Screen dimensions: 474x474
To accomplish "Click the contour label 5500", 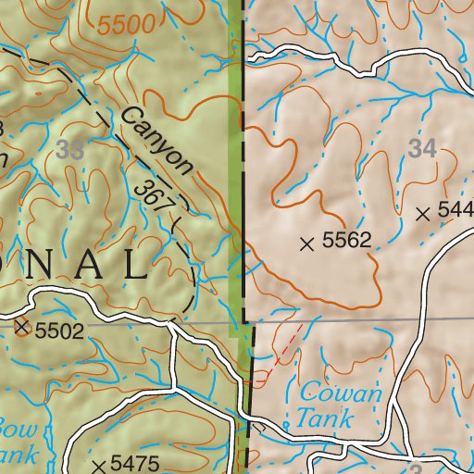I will (x=127, y=26).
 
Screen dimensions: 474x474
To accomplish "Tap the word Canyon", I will (x=156, y=141).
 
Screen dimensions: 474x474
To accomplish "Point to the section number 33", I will (x=68, y=150).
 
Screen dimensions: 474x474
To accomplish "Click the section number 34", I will (x=421, y=146).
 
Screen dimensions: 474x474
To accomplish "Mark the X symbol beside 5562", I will (x=308, y=244).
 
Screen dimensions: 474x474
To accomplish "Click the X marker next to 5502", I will (x=23, y=327).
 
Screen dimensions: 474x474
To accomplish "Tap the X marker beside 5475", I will (x=98, y=464).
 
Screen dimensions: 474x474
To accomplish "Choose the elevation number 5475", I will (x=135, y=464).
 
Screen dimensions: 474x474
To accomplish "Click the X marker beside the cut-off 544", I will (x=423, y=215).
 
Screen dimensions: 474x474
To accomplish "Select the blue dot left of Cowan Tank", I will (x=286, y=425).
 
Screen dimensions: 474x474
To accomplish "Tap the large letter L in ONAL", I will (x=133, y=266).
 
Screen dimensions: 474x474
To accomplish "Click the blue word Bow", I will (x=16, y=430).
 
